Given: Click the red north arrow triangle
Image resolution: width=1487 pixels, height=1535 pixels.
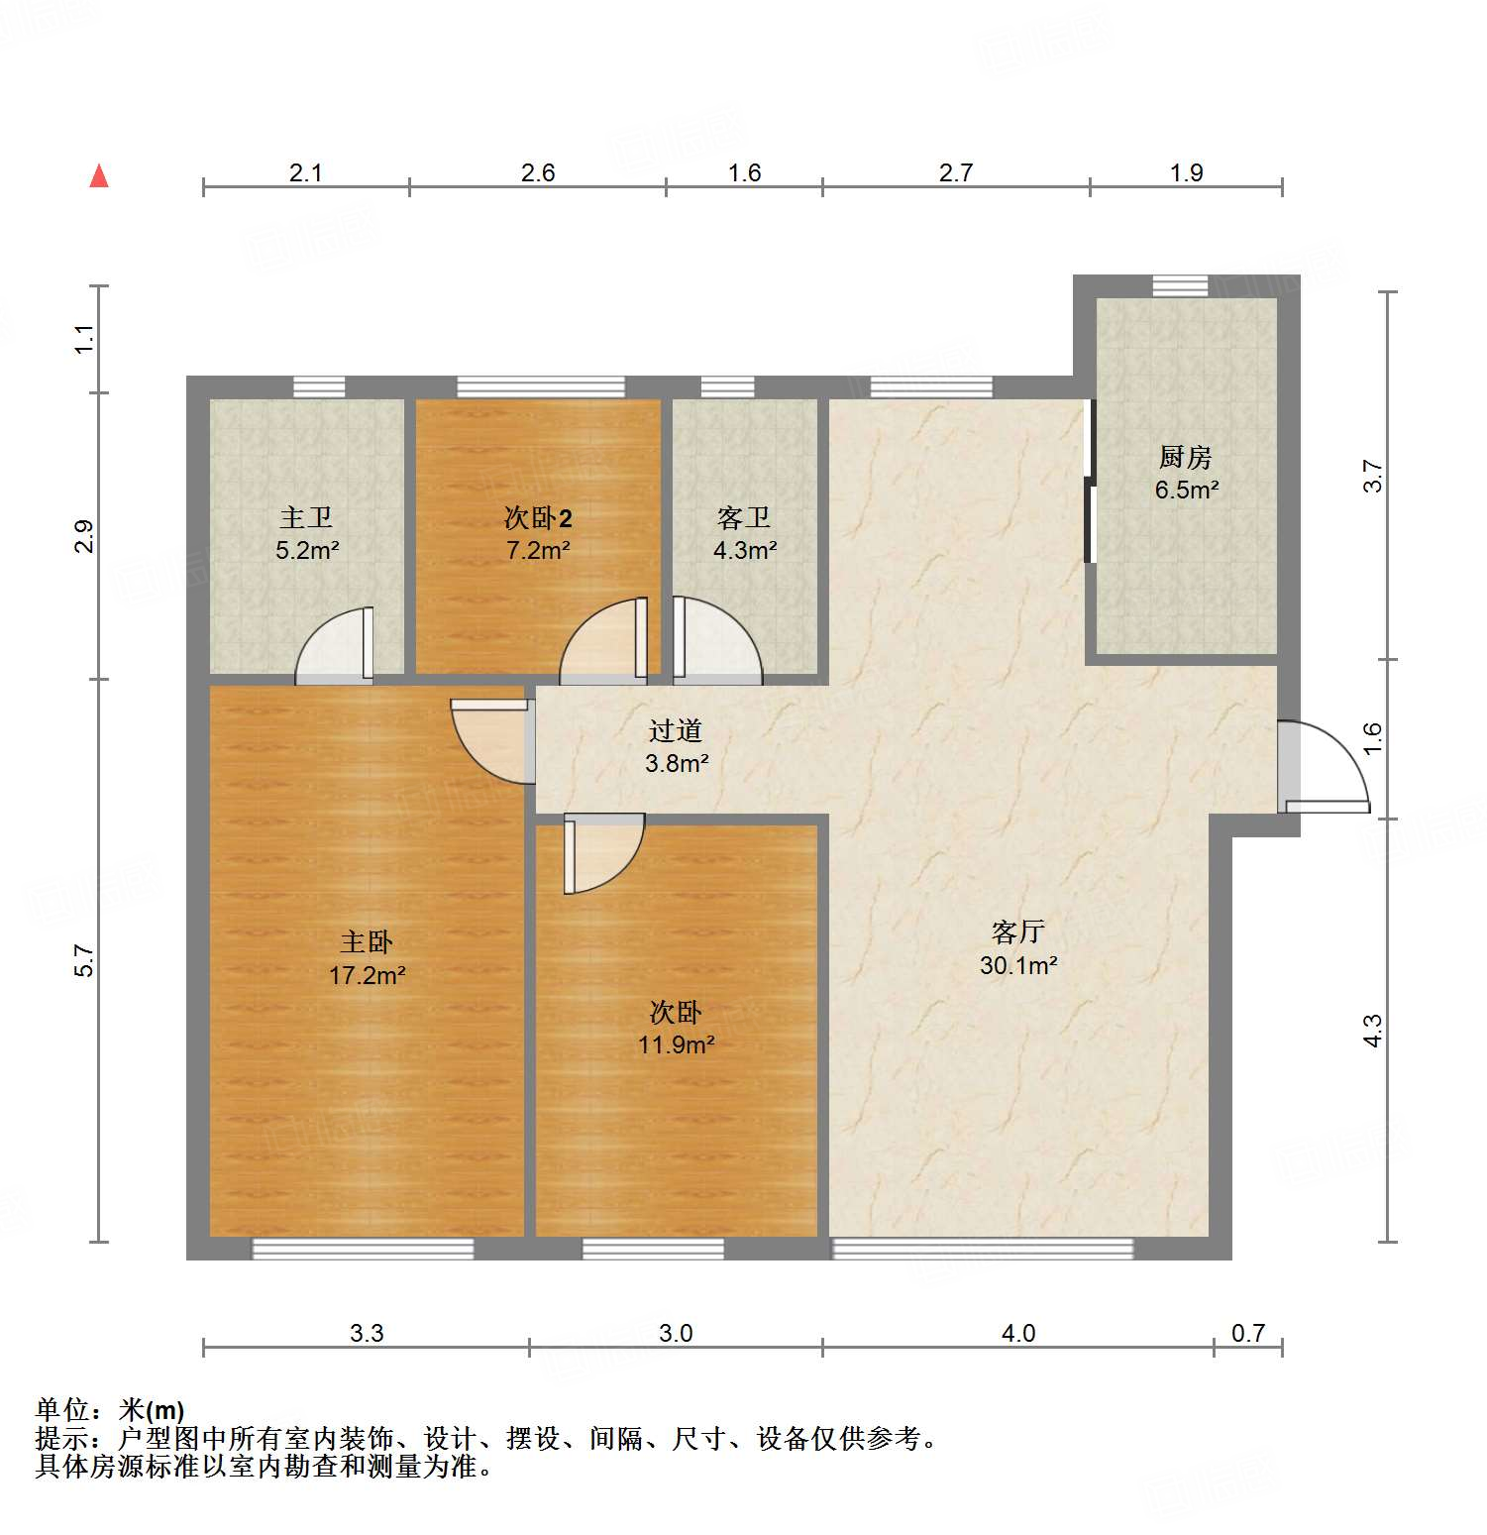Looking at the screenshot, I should [99, 176].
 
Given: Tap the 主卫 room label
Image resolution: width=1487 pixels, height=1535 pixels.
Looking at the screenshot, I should [306, 517].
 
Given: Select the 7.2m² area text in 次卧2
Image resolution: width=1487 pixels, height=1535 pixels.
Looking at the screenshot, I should [538, 550].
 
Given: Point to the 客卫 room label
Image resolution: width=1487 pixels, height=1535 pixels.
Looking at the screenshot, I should [744, 517].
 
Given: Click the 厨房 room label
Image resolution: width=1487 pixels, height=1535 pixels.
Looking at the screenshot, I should [1186, 457].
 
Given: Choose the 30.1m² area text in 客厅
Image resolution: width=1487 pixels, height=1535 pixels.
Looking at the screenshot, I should [1018, 965].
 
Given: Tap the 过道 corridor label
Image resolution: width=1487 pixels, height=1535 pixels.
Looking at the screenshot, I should [676, 730].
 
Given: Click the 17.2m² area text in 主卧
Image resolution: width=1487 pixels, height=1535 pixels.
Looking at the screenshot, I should [367, 975].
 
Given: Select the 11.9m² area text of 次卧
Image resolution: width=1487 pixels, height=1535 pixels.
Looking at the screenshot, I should [677, 1044].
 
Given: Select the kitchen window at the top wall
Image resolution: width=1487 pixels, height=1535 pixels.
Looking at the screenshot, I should [1180, 286].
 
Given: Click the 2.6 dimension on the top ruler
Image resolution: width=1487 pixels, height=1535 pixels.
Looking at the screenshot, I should [538, 173].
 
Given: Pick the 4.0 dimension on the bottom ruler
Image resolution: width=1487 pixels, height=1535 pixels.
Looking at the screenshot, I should [1018, 1333].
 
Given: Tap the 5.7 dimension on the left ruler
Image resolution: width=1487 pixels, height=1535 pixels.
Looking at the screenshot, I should [85, 960].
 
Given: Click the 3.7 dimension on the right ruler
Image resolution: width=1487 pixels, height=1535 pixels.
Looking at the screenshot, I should [1373, 476].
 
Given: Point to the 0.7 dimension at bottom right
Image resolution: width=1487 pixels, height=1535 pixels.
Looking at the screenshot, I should [1248, 1333].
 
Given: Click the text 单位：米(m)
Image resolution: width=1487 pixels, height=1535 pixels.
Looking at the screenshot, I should [110, 1409].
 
